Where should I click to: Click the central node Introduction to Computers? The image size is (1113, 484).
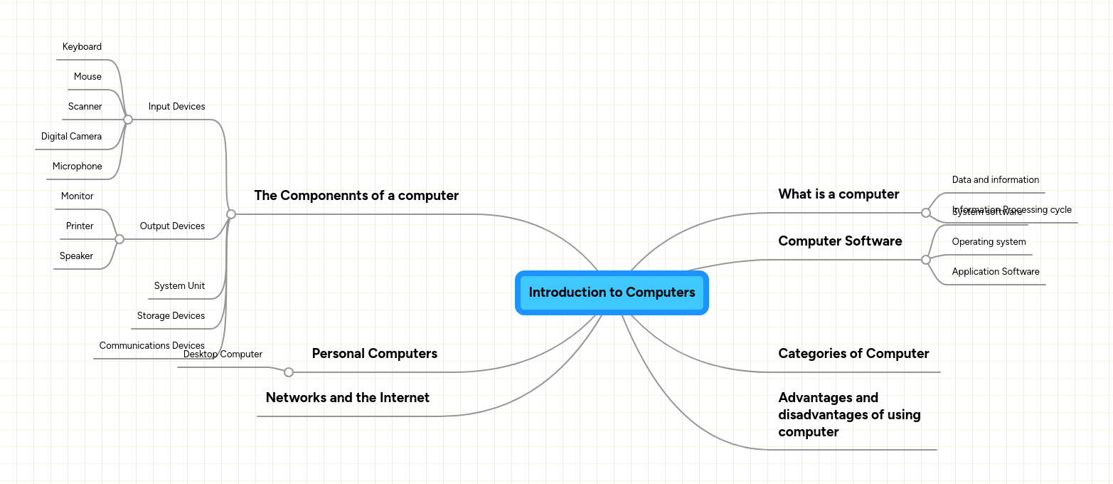coord(612,293)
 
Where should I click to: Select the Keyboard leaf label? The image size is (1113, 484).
coord(82,47)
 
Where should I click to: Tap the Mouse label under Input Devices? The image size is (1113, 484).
coord(87,77)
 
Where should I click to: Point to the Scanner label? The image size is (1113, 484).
coord(85,107)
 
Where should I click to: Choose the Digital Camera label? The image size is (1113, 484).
coord(71,137)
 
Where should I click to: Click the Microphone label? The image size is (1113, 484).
coord(77,167)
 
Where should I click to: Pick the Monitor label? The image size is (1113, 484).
coord(77,196)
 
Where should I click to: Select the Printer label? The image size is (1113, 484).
coord(80,226)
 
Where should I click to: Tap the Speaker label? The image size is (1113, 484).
coord(76,256)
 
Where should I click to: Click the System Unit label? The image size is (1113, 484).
coord(179,286)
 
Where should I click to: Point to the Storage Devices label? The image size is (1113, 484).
coord(171,316)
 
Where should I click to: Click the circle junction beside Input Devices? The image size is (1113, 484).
coord(128,120)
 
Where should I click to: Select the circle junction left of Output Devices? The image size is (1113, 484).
coord(119,239)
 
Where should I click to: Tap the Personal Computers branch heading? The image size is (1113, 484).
coord(374,354)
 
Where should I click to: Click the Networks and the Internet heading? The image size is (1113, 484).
coord(347,398)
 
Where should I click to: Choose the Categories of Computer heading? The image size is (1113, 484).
coord(853,354)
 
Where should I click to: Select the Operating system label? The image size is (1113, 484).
coord(989,242)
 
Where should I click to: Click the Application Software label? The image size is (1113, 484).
coord(995,272)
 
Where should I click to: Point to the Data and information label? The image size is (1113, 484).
coord(995,180)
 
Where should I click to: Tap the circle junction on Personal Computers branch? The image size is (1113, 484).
coord(289,372)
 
